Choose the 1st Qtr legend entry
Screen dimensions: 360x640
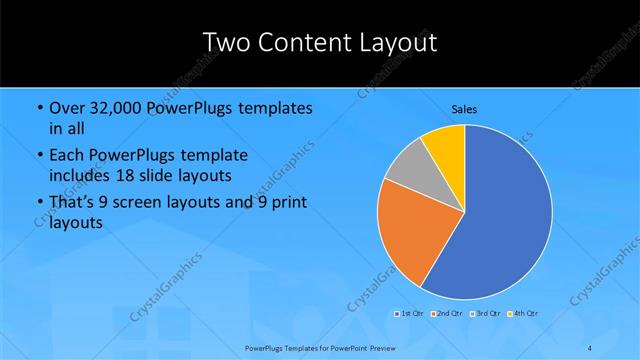410,314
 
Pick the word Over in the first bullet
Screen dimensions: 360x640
66,108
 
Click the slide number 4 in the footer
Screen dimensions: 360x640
590,346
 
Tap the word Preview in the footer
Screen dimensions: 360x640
377,346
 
